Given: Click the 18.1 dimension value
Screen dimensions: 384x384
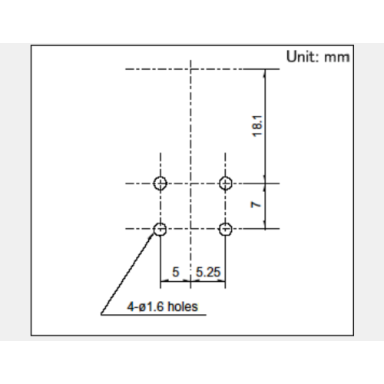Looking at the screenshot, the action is [257, 126].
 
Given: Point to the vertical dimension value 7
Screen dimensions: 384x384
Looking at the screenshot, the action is [256, 205].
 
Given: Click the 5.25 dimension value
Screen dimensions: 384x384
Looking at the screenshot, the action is [208, 272].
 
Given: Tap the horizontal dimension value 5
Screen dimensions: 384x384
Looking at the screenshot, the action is [176, 272].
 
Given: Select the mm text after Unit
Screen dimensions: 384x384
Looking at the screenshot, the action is [337, 58].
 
